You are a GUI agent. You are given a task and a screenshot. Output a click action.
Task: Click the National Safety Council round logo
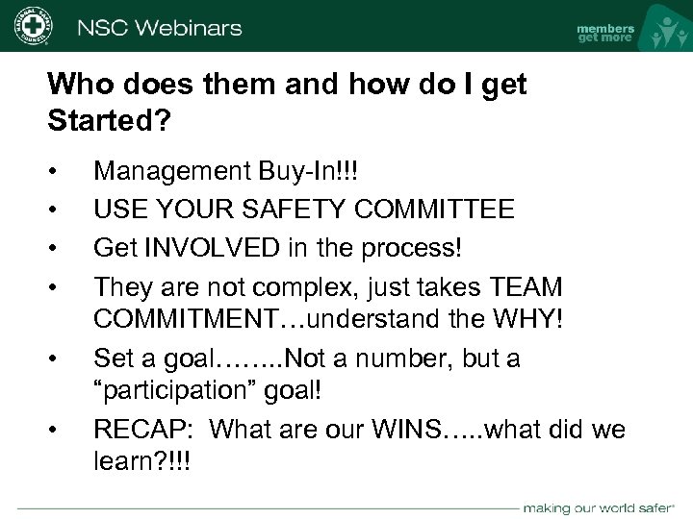coord(32,25)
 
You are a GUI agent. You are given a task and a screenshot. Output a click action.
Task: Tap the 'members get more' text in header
coord(604,32)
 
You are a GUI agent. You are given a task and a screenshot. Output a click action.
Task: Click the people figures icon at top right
coord(663,30)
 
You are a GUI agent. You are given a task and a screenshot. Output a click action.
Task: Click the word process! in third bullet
coord(416,248)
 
